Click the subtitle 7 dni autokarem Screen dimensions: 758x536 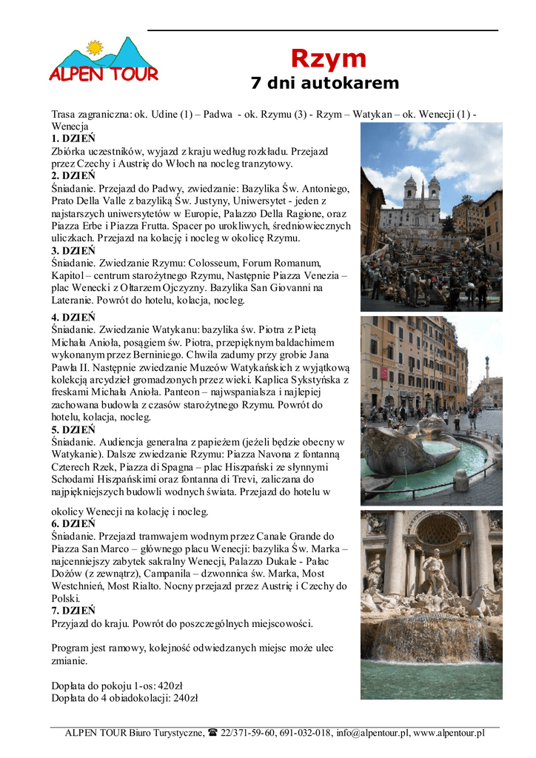coord(324,84)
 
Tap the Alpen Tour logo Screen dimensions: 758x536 coord(104,61)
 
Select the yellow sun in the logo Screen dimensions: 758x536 coord(94,48)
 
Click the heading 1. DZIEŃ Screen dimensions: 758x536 coord(73,138)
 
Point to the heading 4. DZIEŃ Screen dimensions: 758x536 coord(73,318)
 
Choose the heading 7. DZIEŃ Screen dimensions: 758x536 coord(73,611)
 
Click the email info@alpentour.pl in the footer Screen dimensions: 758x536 coord(372,733)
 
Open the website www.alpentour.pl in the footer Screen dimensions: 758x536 coord(449,733)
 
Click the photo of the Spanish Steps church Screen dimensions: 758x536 coord(431,217)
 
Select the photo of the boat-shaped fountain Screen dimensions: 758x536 coord(431,410)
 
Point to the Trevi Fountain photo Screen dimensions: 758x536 coord(431,604)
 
